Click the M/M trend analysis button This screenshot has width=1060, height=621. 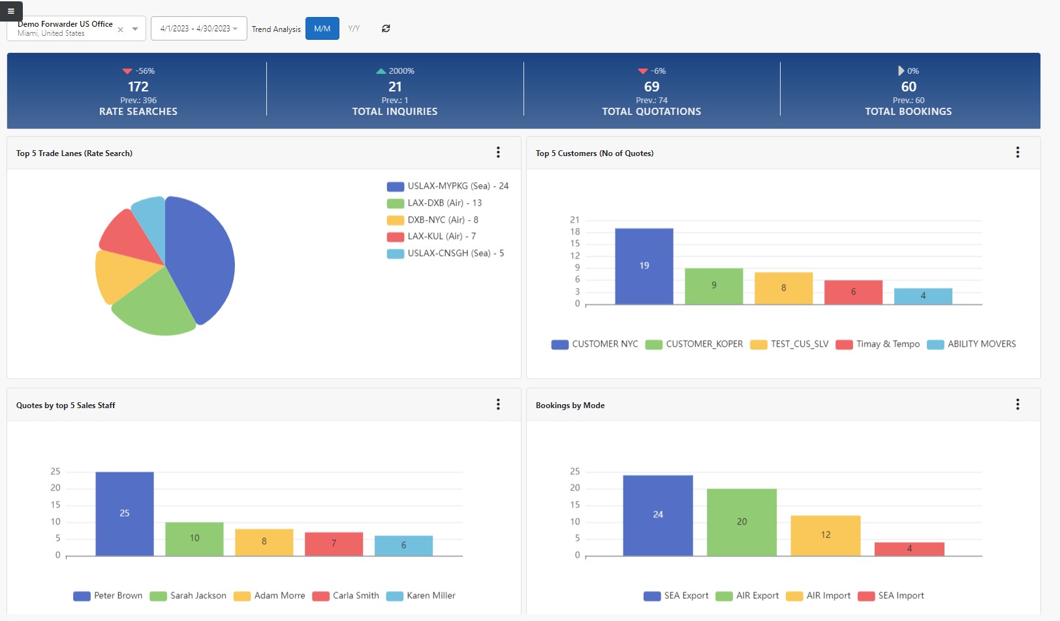(322, 29)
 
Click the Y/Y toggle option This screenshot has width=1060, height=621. (354, 29)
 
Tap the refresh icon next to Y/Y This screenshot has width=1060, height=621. (386, 29)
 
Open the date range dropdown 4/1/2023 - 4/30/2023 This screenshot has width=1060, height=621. (198, 29)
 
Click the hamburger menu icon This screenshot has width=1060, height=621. (11, 11)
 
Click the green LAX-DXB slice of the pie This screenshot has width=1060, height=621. (153, 307)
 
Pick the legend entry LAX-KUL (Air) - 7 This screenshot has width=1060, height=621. (441, 236)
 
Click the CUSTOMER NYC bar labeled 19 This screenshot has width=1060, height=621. (644, 266)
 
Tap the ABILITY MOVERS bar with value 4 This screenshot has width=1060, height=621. (922, 296)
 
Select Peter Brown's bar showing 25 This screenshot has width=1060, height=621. (125, 513)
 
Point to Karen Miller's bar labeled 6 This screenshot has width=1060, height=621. (403, 545)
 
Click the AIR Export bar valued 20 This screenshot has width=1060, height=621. (741, 522)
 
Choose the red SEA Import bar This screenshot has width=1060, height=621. (909, 549)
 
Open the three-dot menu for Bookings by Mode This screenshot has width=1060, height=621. (1017, 405)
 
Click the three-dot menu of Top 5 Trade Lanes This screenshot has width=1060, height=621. (498, 153)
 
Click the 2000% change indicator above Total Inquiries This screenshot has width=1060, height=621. (396, 71)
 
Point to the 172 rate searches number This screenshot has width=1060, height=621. (138, 87)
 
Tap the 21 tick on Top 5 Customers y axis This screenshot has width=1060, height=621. (574, 220)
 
